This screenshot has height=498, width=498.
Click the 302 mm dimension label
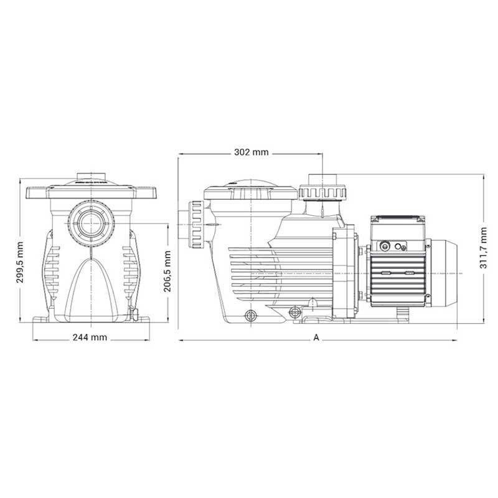251,152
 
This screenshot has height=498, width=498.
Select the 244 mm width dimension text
90,337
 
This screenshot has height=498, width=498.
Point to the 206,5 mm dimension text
167,271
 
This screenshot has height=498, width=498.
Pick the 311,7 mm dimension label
483,248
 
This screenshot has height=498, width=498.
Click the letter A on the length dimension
316,337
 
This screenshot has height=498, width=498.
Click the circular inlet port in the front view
91,223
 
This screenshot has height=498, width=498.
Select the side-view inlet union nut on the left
197,225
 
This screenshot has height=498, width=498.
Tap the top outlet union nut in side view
322,193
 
